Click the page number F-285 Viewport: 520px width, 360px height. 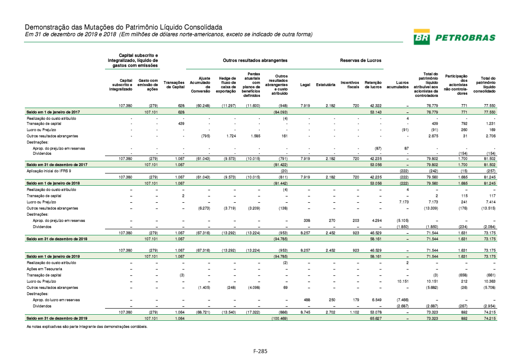tap(261, 350)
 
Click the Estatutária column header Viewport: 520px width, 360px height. tap(326, 85)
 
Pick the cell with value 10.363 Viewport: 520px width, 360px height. tap(489, 282)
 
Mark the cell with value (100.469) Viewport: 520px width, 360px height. tap(278, 318)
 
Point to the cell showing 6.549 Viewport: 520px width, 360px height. tap(376, 300)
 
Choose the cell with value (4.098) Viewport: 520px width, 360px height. tap(253, 288)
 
